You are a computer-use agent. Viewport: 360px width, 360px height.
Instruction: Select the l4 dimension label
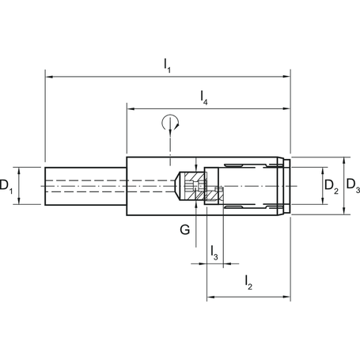(x=205, y=98)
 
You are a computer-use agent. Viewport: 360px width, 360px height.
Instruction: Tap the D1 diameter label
(x=6, y=187)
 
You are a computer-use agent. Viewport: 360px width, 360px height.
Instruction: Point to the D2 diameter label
(x=332, y=187)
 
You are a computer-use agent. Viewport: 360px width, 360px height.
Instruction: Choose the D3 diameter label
(x=354, y=188)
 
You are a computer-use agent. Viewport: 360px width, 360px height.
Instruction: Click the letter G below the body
(x=184, y=231)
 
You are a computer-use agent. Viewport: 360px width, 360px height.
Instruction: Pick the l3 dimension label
(x=214, y=252)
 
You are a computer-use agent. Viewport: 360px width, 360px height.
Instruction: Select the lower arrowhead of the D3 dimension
(x=344, y=212)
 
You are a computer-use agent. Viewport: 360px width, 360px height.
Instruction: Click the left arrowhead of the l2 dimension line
(x=209, y=297)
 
